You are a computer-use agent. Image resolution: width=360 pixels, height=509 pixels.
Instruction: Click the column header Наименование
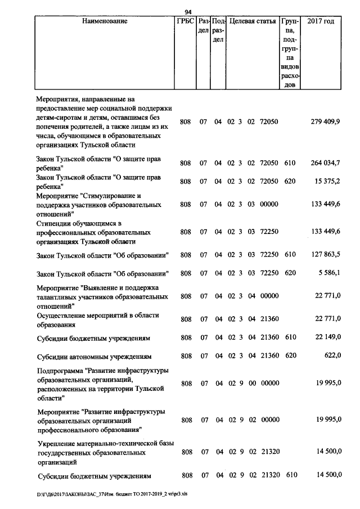coord(105,21)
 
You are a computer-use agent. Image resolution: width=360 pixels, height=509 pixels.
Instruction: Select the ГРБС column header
coord(186,21)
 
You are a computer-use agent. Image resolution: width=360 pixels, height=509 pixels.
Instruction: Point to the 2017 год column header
coord(321,21)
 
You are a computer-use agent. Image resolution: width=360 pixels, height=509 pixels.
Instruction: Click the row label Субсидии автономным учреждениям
coord(93,357)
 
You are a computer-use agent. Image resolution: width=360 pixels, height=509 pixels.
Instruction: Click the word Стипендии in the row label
coord(53,223)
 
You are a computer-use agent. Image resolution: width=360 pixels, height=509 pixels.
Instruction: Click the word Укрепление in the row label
coord(56,444)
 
